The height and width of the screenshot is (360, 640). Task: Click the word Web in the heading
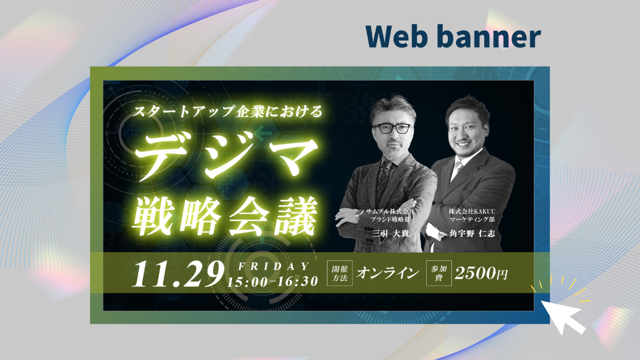click(396, 37)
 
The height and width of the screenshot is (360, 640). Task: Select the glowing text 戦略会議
click(225, 215)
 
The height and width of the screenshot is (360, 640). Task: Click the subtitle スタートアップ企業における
click(227, 111)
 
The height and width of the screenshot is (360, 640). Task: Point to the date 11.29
click(178, 274)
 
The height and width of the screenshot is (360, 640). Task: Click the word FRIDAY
click(274, 266)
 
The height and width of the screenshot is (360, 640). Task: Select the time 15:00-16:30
click(273, 282)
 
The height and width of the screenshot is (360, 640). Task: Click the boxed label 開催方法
click(339, 273)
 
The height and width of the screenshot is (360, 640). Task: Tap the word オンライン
click(388, 273)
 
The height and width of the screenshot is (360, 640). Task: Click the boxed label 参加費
click(438, 273)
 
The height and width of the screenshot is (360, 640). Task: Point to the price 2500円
click(481, 273)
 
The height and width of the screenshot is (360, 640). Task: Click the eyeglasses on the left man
click(393, 129)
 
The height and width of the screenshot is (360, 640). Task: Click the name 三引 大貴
click(390, 234)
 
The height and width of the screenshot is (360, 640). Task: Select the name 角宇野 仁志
click(472, 234)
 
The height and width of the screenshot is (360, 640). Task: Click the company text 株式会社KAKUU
click(472, 211)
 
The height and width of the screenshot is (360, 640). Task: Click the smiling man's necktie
click(457, 170)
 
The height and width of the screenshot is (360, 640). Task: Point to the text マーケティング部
click(472, 219)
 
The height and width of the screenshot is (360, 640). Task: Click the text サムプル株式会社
click(390, 212)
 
